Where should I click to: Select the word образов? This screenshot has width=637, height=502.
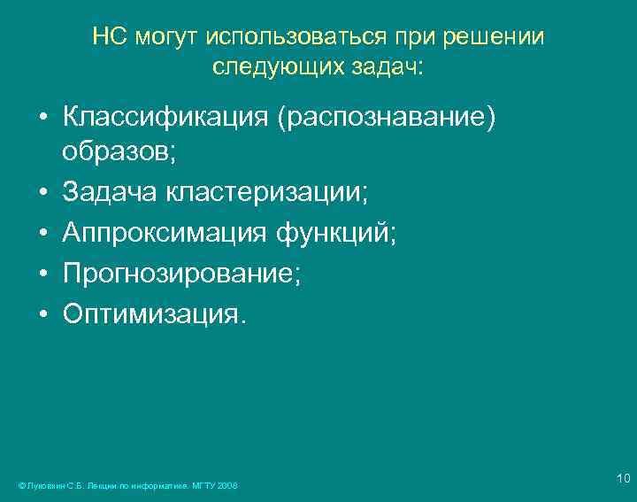119,151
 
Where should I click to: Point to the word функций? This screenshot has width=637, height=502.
337,234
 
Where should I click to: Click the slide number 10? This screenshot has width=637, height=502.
623,479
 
